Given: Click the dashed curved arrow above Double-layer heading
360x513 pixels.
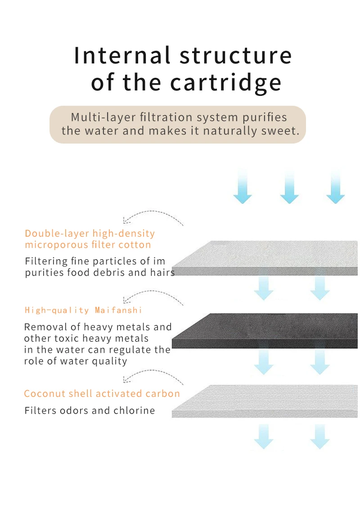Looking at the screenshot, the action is point(153,216).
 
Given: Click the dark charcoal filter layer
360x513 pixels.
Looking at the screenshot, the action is point(265,331).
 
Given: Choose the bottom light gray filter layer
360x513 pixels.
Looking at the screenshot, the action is point(265,400).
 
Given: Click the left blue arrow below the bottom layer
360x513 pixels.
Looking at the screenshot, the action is point(264,436).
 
